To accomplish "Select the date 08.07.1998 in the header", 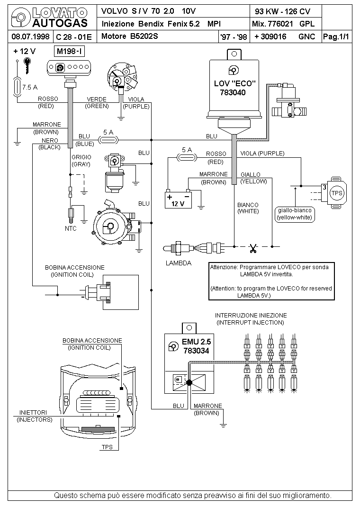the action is pyautogui.click(x=30, y=36).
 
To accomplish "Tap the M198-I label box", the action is pyautogui.click(x=70, y=51).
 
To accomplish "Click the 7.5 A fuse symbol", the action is pyautogui.click(x=17, y=87).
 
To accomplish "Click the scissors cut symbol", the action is pyautogui.click(x=253, y=248).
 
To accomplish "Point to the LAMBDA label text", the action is pyautogui.click(x=179, y=263).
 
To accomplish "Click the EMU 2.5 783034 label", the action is pyautogui.click(x=196, y=346).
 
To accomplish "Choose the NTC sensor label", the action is pyautogui.click(x=71, y=228).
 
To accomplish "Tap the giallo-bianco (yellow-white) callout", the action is pyautogui.click(x=295, y=214).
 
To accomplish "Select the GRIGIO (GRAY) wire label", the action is pyautogui.click(x=81, y=160).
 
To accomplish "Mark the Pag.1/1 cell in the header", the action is pyautogui.click(x=336, y=36).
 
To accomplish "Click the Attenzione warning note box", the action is pyautogui.click(x=271, y=281).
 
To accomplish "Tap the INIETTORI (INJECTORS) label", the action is pyautogui.click(x=35, y=416).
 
